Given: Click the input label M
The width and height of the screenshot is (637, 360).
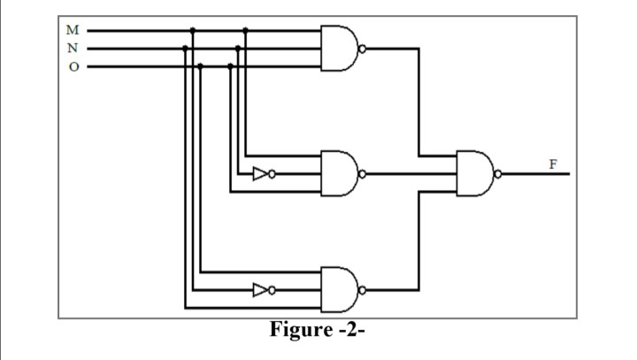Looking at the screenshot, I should coord(73,31).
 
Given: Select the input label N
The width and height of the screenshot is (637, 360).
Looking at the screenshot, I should coord(73,48).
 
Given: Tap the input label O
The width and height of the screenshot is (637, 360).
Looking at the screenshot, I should coord(73,65).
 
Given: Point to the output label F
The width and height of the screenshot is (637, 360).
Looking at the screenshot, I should coord(553,164).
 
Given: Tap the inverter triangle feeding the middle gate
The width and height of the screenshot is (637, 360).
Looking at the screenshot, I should coord(260,173).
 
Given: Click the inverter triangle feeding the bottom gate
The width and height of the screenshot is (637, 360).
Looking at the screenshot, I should coord(260,289).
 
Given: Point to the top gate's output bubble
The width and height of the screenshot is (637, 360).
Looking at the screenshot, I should coord(363,48).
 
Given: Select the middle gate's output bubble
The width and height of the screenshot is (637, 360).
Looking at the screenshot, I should coord(363,173).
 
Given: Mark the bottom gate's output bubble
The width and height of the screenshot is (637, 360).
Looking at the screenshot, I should coord(363,288).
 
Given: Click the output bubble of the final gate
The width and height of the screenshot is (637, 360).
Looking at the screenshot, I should coord(498,173).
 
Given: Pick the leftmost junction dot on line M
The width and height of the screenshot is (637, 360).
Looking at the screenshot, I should coord(193,31).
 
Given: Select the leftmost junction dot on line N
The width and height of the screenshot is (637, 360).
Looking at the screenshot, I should coord(185,48).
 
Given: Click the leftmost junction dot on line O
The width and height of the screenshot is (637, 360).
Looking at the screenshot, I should coord(201,65).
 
